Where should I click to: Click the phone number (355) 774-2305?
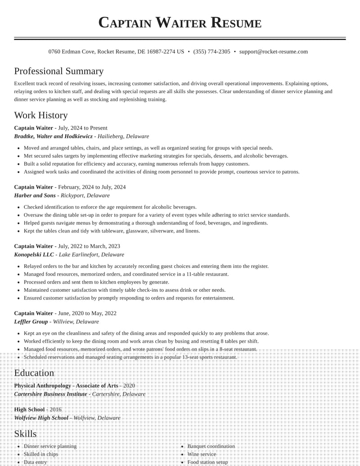click(x=211, y=52)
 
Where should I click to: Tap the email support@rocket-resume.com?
click(x=274, y=52)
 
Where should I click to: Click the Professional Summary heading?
click(x=58, y=71)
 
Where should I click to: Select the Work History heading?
click(x=41, y=115)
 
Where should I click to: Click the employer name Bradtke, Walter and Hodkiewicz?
click(x=53, y=136)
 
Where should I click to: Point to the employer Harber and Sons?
click(x=35, y=196)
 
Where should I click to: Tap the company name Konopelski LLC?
click(x=34, y=255)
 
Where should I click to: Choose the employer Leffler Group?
click(x=31, y=322)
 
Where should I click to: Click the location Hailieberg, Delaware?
click(x=123, y=136)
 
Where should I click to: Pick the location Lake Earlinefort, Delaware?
click(x=94, y=255)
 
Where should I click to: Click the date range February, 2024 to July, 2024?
click(x=92, y=187)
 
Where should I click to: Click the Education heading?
click(x=34, y=373)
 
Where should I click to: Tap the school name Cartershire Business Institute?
click(x=50, y=394)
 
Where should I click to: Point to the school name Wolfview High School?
click(x=41, y=418)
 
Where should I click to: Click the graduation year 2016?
click(x=55, y=410)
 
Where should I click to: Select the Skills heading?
click(x=25, y=434)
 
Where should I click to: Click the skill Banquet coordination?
click(x=211, y=446)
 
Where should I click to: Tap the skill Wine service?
click(x=202, y=454)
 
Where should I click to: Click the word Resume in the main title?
click(x=236, y=23)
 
